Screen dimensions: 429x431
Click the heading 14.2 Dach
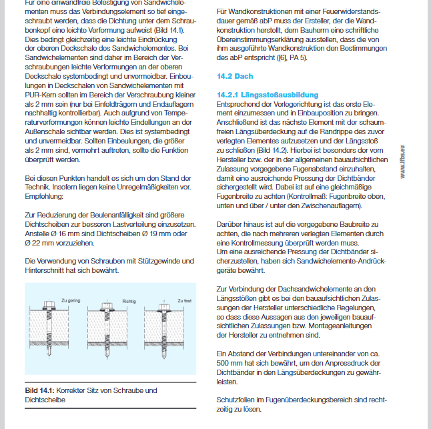pos(235,76)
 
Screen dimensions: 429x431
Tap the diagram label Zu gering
pos(71,301)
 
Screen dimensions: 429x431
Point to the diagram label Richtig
pos(129,301)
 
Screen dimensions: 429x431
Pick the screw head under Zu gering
pos(50,308)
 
